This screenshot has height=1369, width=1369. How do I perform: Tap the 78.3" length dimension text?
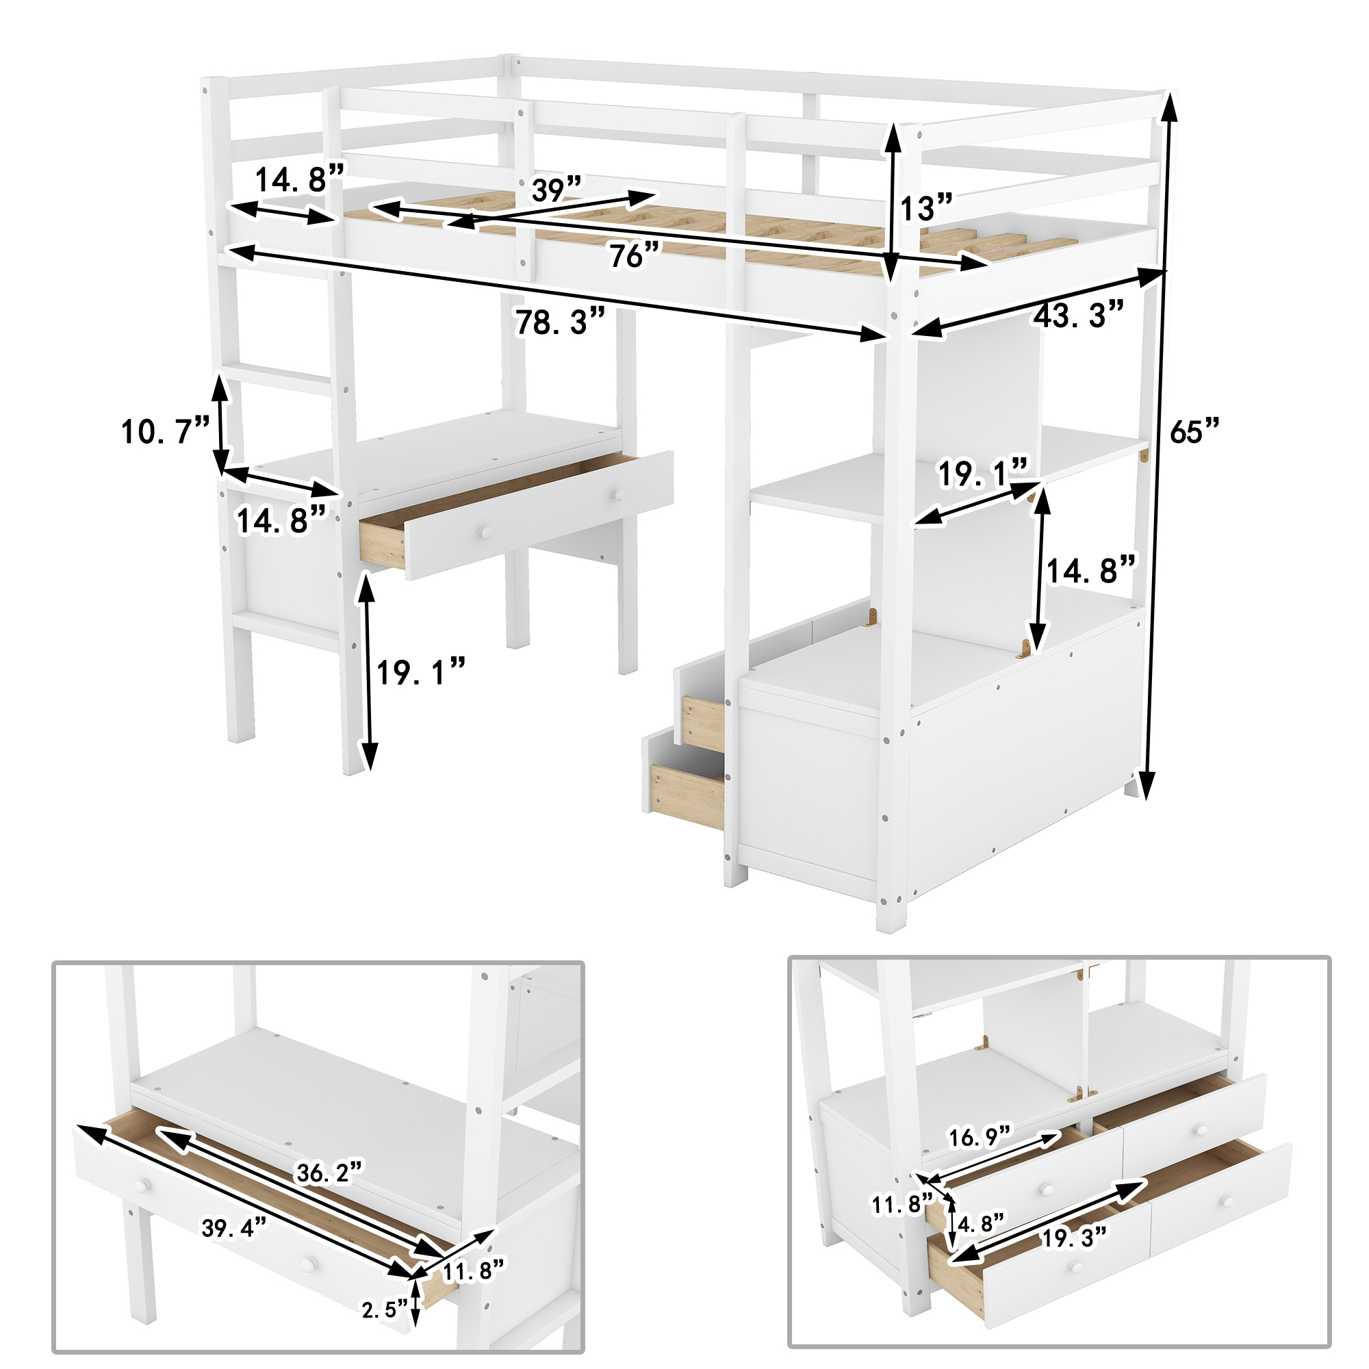560,322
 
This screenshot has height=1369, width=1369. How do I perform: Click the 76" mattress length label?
635,255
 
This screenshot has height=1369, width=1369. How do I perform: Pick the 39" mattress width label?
556,190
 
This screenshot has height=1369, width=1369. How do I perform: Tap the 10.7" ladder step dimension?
165,431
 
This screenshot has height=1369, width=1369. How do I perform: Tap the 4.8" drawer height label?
981,1223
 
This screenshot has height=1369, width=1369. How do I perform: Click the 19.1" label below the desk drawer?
420,671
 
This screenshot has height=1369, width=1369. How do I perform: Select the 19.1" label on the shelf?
982,474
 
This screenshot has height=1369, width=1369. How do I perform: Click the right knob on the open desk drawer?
619,493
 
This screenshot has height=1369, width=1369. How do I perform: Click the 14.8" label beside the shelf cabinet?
1091,570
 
